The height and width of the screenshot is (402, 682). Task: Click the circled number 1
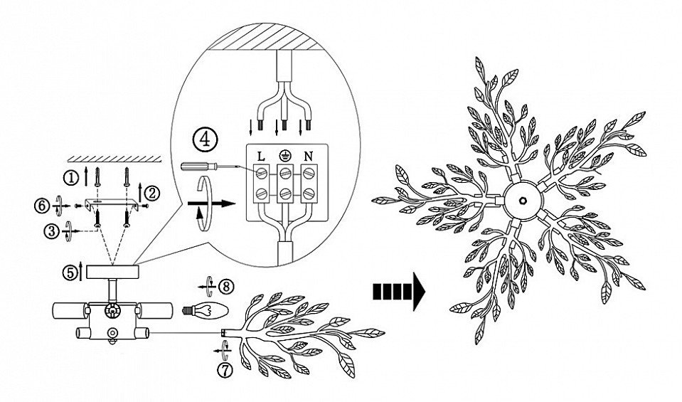(70, 177)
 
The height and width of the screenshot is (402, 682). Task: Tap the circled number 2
(152, 192)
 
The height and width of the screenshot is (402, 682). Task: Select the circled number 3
(52, 231)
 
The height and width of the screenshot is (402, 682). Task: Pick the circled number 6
(42, 206)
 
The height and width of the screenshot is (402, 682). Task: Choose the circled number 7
(225, 370)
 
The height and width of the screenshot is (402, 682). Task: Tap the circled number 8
(226, 286)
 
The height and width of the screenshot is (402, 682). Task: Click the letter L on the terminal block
(262, 157)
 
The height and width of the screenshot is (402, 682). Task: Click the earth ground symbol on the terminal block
(284, 156)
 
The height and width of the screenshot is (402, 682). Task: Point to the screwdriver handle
(196, 166)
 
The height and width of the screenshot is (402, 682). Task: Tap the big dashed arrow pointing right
(399, 291)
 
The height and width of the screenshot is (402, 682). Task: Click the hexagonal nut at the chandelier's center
(523, 200)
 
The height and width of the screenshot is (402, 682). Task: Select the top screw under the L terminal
(262, 173)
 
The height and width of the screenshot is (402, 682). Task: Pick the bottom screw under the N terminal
(309, 193)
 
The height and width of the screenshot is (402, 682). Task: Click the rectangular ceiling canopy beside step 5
(112, 272)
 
